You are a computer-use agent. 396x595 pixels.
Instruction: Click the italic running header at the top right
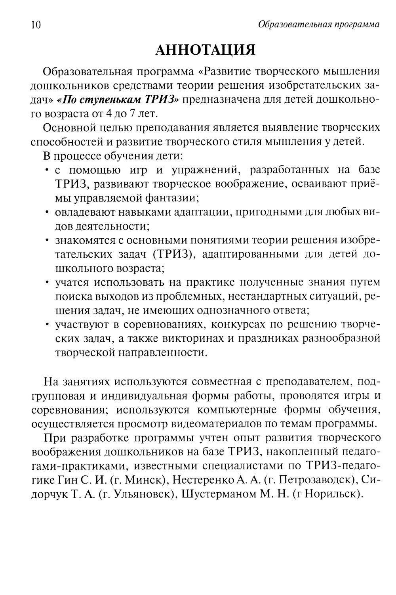318,25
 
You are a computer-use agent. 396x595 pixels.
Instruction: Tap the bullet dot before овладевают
47,213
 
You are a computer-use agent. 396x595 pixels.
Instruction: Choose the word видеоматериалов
217,423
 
